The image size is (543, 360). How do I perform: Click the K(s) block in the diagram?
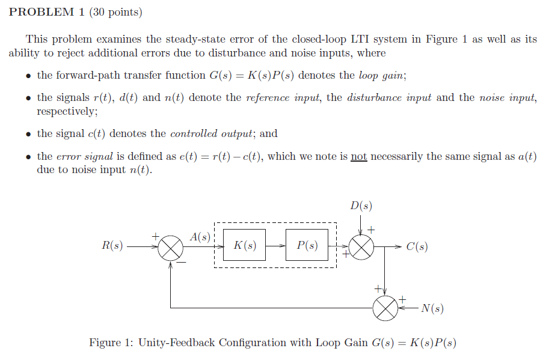pos(244,246)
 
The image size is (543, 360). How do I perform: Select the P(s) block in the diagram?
pos(307,246)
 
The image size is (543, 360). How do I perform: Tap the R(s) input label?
pos(112,246)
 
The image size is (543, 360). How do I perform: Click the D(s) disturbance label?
pos(360,206)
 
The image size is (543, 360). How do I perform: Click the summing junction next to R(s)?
pos(171,247)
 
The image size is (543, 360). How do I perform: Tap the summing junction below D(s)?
pos(361,247)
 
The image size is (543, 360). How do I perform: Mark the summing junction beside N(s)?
pos(385,308)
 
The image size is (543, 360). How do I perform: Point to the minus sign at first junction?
pos(181,262)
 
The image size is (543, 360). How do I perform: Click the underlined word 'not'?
pos(358,156)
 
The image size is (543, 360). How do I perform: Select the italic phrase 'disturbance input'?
pos(389,98)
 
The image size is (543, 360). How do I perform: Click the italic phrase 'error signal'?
pos(84,156)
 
